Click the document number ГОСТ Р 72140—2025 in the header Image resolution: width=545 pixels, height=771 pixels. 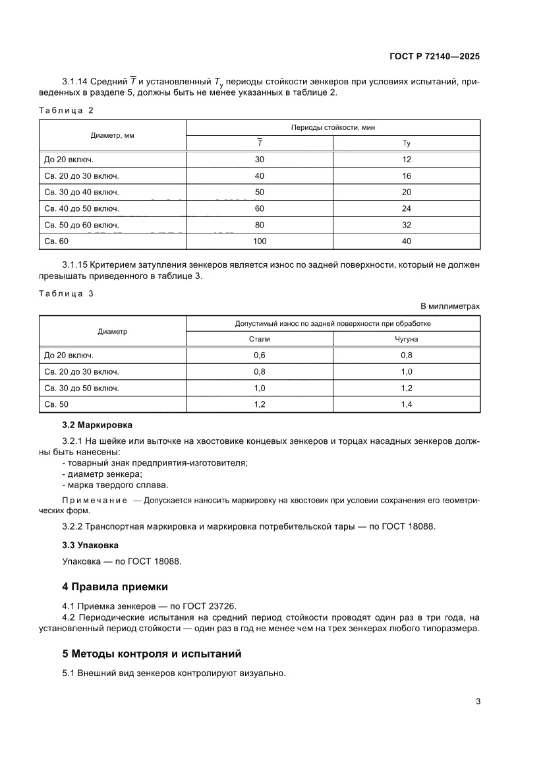coord(433,57)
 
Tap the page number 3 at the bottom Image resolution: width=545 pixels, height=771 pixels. coord(477,701)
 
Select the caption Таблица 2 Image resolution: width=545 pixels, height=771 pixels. coord(66,109)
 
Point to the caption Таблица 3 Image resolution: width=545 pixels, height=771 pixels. coord(66,294)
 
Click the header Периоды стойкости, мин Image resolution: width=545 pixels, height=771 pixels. coord(333,127)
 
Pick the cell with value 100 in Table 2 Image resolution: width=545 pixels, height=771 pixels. coord(260,241)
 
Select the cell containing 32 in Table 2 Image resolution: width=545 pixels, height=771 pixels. coord(406,225)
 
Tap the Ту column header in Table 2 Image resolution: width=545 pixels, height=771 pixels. coord(406,143)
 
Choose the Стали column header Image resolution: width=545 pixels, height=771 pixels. coord(260,338)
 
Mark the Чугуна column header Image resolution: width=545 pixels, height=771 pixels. coord(406,338)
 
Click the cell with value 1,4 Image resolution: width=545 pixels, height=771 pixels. coord(406,404)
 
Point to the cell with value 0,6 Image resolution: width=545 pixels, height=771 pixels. coord(260,355)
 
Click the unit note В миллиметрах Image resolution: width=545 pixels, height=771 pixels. coord(450,306)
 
